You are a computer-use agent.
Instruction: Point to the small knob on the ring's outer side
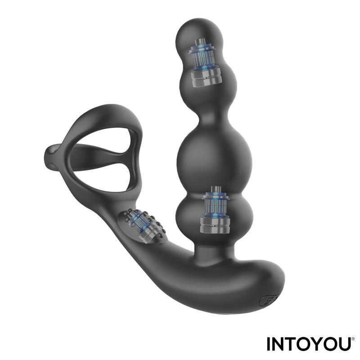click(50, 155)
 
